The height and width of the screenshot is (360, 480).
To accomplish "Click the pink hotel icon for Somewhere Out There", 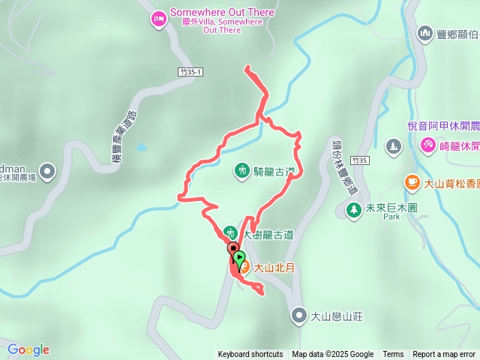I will coord(158,19).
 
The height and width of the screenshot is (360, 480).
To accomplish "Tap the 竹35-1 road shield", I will coord(192,72).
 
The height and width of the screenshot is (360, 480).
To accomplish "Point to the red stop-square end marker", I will coord(233,248).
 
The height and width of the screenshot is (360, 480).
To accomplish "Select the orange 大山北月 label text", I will coord(274,267).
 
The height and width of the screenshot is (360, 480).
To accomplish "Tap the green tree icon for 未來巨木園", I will coord(353,208).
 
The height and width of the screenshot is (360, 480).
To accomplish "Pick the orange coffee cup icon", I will coord(412,181).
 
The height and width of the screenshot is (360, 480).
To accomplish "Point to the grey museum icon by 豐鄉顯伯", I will coord(425,33).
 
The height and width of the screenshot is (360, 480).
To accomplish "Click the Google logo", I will coord(28,349).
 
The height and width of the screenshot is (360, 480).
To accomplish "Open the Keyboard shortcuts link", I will coord(250,355).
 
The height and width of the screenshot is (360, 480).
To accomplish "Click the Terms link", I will coord(393,355).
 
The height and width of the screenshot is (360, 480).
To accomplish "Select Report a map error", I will coord(444,355).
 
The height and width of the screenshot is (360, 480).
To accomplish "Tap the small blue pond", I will coord(141,148).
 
